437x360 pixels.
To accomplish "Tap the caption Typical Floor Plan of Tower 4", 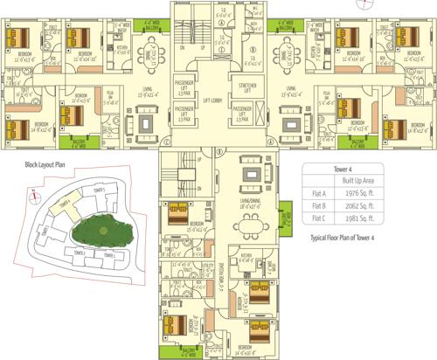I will tap(347, 238).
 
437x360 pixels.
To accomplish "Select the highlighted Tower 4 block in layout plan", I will tap(64, 206).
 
